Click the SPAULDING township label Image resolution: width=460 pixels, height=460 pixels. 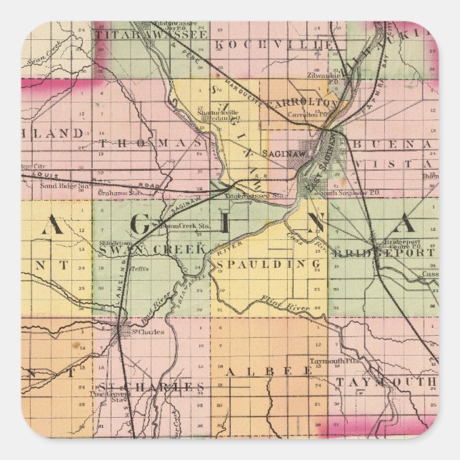[268, 264]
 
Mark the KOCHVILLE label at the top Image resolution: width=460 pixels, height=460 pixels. [265, 44]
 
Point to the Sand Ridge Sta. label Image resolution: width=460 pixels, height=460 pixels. [59, 184]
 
